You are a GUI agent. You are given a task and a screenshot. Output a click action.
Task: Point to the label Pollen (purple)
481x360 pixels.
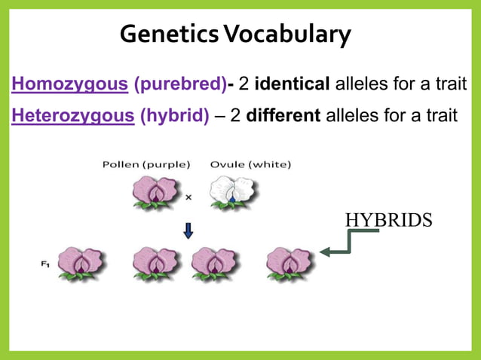click(x=146, y=164)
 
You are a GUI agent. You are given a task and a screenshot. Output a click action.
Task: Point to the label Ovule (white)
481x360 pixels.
click(x=251, y=164)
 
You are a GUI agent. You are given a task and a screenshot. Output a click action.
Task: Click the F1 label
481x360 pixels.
click(x=45, y=264)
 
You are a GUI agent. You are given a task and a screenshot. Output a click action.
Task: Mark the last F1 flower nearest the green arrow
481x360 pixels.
click(x=290, y=264)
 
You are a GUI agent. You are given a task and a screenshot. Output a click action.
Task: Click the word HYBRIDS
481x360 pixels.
click(x=388, y=220)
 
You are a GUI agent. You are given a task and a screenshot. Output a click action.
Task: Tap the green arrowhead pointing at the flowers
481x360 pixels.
click(x=325, y=253)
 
